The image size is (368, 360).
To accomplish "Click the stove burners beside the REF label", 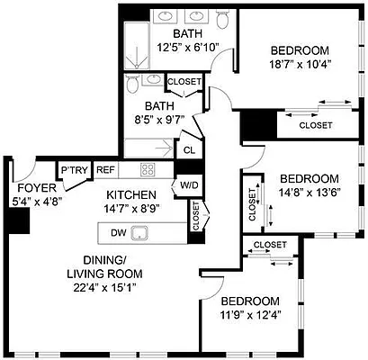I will click(149, 169).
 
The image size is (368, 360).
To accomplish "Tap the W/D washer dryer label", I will click(190, 185).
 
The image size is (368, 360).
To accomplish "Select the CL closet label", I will click(189, 150).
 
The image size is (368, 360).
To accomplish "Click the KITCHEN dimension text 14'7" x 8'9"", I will click(132, 208).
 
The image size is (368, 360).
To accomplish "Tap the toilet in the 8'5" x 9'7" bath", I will click(132, 84).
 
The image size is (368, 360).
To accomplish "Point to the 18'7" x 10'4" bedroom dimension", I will click(301, 66).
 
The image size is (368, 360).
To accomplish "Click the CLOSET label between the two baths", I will click(184, 82).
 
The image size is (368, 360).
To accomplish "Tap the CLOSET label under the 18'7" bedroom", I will click(315, 124).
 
